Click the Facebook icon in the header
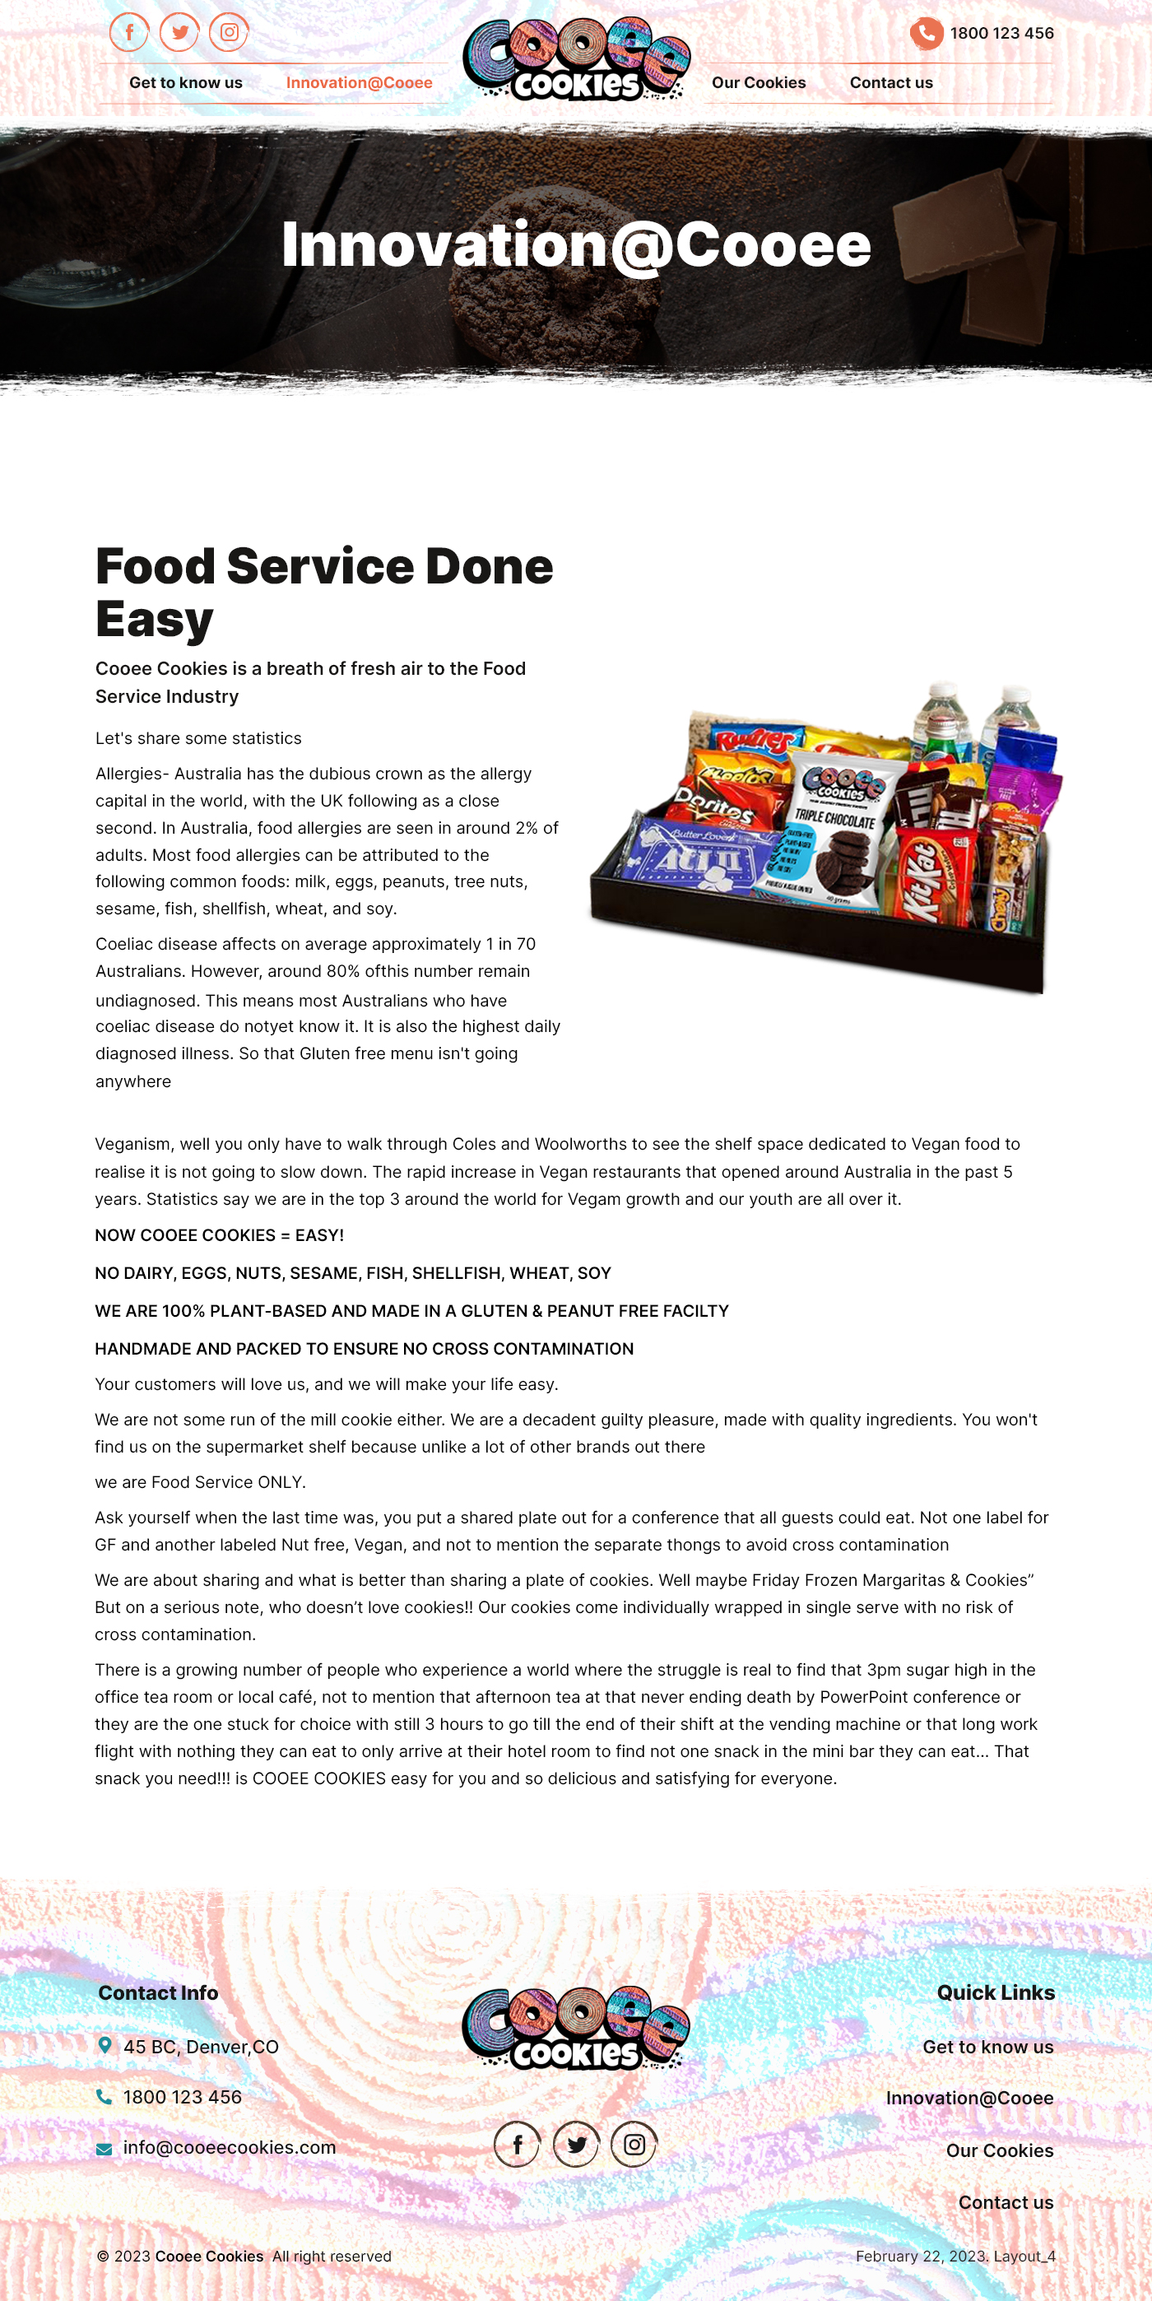(x=129, y=33)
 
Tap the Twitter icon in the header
(x=179, y=33)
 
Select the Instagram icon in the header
(x=230, y=33)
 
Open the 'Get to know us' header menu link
(x=186, y=82)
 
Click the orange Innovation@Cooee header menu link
(x=359, y=82)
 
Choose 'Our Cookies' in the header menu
(x=758, y=82)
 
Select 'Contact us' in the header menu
(x=890, y=82)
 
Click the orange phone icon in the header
(x=926, y=33)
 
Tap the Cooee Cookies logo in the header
(x=576, y=60)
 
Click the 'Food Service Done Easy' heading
(x=324, y=592)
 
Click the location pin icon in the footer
(x=105, y=2044)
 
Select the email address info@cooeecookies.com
(x=230, y=2147)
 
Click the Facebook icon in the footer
(x=517, y=2144)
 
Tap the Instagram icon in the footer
(x=634, y=2144)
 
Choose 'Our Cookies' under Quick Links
(x=999, y=2150)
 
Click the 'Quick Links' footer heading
(x=996, y=1993)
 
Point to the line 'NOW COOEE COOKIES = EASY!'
(x=220, y=1235)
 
